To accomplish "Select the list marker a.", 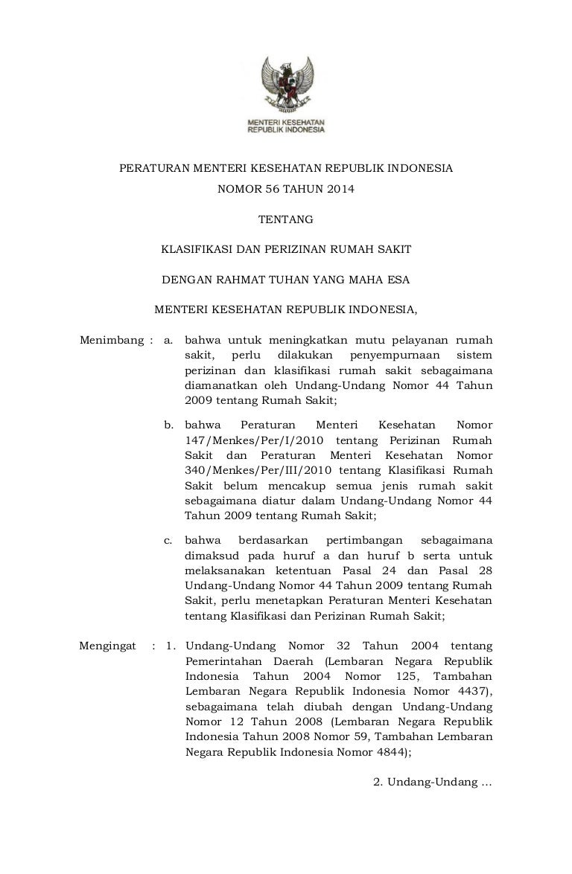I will [168, 341].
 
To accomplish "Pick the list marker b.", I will [169, 425].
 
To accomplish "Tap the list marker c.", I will [168, 540].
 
